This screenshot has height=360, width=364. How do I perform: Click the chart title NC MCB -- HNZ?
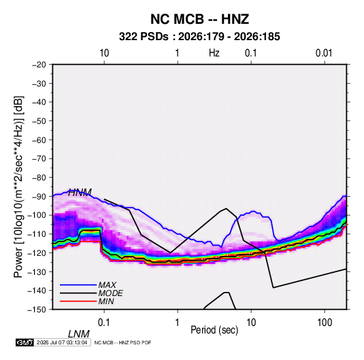click(x=199, y=19)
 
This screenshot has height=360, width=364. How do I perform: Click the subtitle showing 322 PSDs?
click(x=199, y=37)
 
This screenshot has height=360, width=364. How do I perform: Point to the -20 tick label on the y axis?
click(x=39, y=65)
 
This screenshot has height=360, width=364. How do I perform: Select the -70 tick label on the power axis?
click(x=39, y=159)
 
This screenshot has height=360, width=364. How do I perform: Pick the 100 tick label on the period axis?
click(x=325, y=323)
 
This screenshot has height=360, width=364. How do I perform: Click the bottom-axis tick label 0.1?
click(x=104, y=323)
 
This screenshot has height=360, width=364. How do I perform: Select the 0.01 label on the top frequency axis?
click(x=324, y=53)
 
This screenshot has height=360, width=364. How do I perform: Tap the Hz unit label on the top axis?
click(x=214, y=53)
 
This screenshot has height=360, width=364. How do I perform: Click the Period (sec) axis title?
click(x=214, y=330)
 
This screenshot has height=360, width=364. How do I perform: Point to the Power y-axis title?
click(x=18, y=187)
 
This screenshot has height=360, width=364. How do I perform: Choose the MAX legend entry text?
click(x=107, y=285)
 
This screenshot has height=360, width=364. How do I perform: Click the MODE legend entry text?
click(x=110, y=293)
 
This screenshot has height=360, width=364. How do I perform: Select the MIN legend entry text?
click(x=106, y=301)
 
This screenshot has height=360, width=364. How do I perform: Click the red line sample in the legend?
click(x=78, y=301)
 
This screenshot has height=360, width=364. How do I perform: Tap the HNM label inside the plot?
click(x=80, y=193)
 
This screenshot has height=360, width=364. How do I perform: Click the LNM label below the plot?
click(x=79, y=334)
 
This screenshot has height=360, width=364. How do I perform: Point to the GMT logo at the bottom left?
click(x=24, y=342)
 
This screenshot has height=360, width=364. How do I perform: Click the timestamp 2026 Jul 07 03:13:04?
click(x=62, y=342)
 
